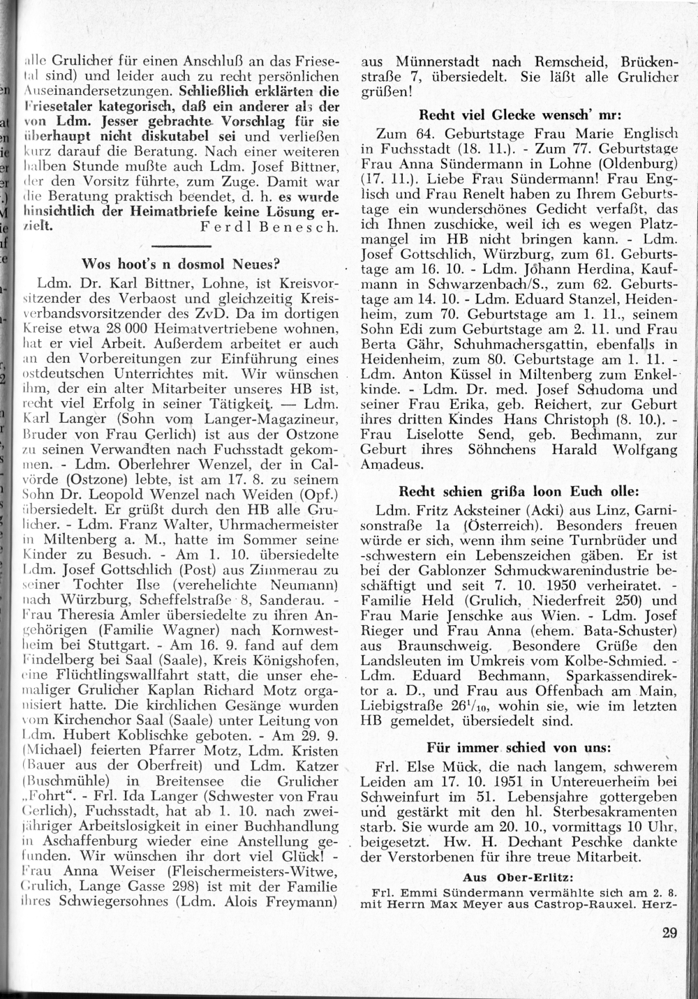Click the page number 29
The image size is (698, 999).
pos(669,933)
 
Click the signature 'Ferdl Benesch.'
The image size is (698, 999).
pos(269,227)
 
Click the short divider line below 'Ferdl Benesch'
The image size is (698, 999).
pos(181,246)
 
